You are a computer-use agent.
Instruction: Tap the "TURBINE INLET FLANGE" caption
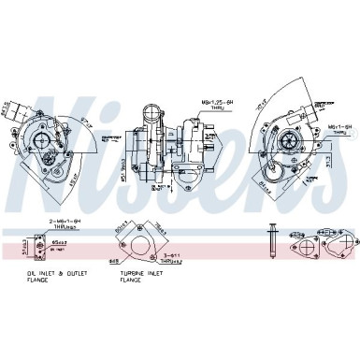[x=141, y=277]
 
